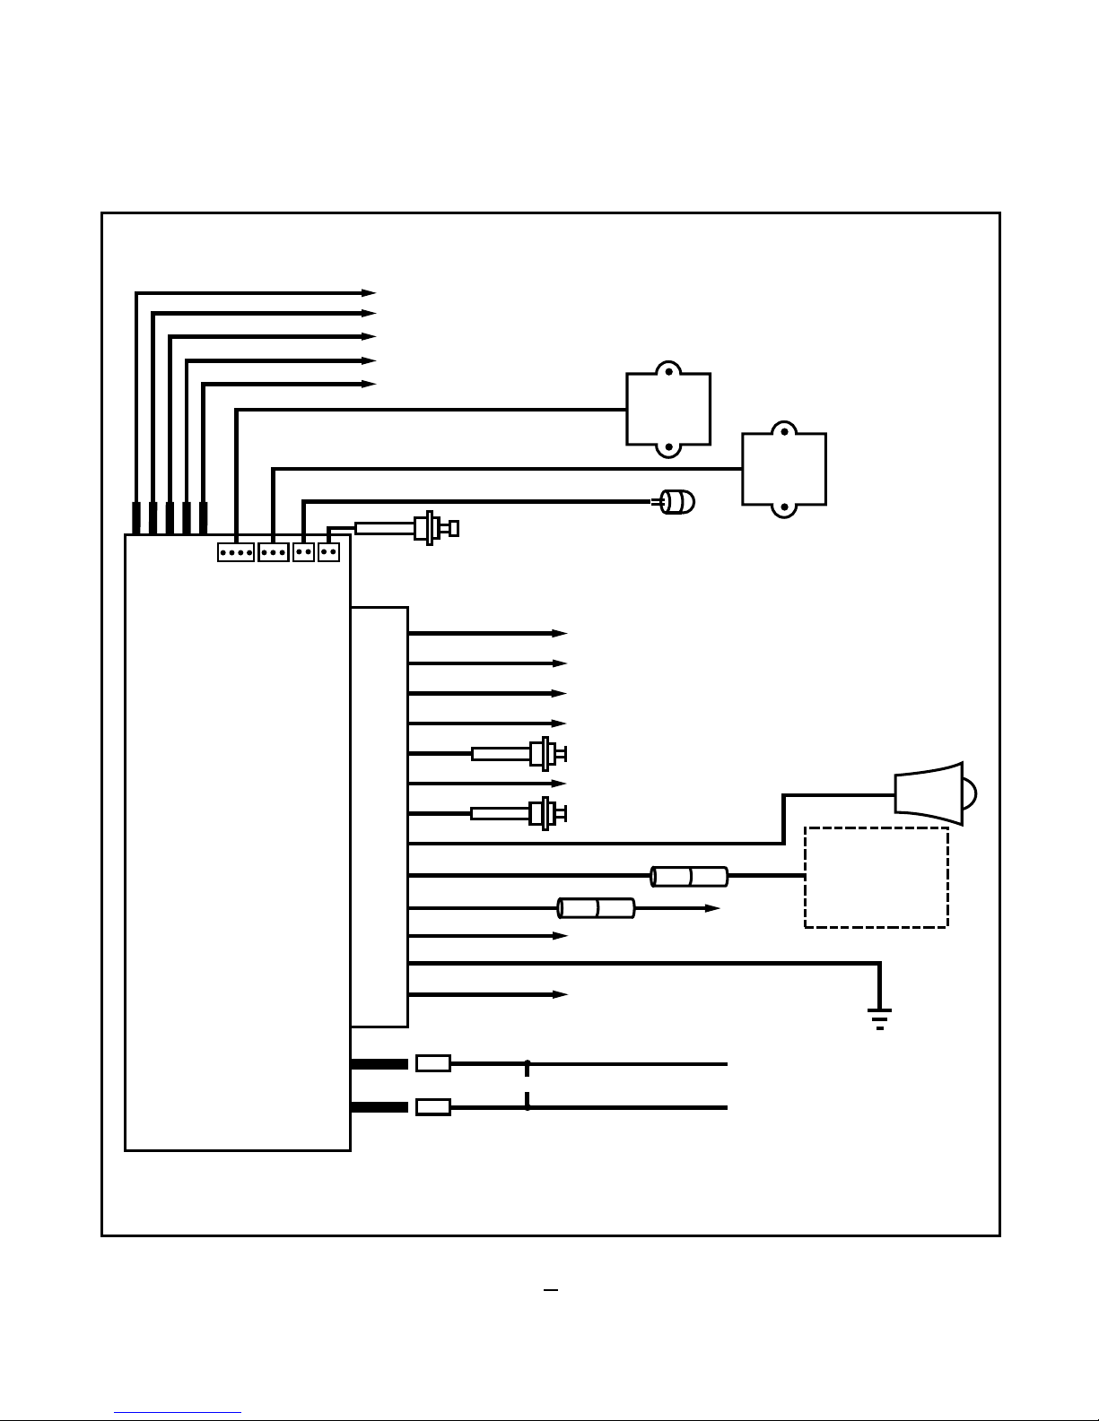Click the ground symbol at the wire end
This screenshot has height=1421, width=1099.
point(879,1018)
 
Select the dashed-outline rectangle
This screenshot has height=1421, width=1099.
point(877,877)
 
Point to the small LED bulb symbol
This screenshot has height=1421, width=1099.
point(678,502)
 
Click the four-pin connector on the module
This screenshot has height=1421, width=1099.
point(235,552)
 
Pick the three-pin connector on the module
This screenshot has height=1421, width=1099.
point(273,552)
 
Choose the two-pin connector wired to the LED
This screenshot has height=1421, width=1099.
point(303,552)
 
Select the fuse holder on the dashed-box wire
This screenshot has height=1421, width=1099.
point(689,876)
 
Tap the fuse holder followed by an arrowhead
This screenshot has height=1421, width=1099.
point(597,908)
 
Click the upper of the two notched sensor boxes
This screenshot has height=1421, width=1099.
point(668,410)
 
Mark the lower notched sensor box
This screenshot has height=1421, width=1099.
point(784,470)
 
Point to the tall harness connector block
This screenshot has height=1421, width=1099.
point(379,816)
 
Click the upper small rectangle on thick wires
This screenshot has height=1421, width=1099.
point(433,1064)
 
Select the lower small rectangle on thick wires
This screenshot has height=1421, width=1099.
point(433,1107)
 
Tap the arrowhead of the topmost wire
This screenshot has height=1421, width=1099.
point(369,292)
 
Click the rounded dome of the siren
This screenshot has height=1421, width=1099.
point(970,793)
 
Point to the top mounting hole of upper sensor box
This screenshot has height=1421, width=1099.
point(668,370)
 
